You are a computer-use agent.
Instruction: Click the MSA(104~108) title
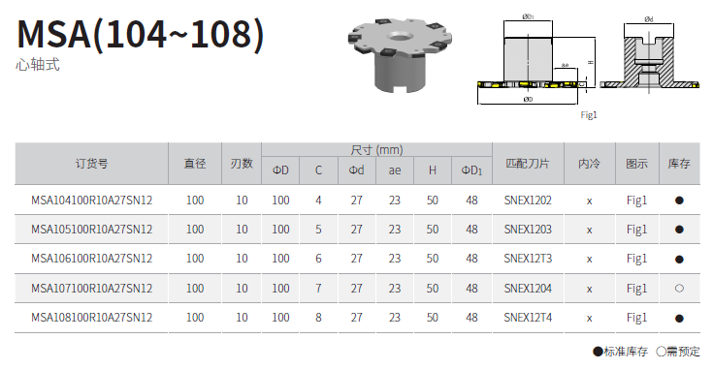point(140,34)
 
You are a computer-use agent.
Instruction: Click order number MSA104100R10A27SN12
point(91,200)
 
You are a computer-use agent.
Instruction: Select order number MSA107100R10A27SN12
point(91,289)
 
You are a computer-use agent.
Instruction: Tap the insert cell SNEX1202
point(528,200)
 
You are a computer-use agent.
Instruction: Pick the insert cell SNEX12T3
point(528,259)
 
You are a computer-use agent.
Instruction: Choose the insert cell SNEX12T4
point(528,318)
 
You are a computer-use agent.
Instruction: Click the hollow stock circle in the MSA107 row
point(679,289)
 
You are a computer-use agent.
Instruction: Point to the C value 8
point(318,318)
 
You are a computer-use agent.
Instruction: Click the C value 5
point(318,230)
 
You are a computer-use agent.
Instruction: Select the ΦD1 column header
point(471,170)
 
